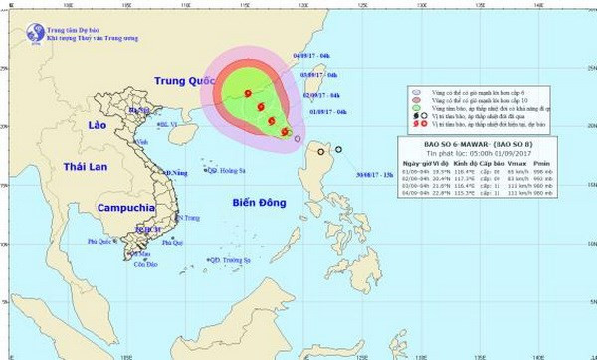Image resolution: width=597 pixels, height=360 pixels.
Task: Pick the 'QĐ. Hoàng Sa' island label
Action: [229, 170]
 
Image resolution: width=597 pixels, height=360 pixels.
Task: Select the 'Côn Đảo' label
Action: [145, 265]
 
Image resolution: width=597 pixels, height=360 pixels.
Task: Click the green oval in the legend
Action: [416, 112]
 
